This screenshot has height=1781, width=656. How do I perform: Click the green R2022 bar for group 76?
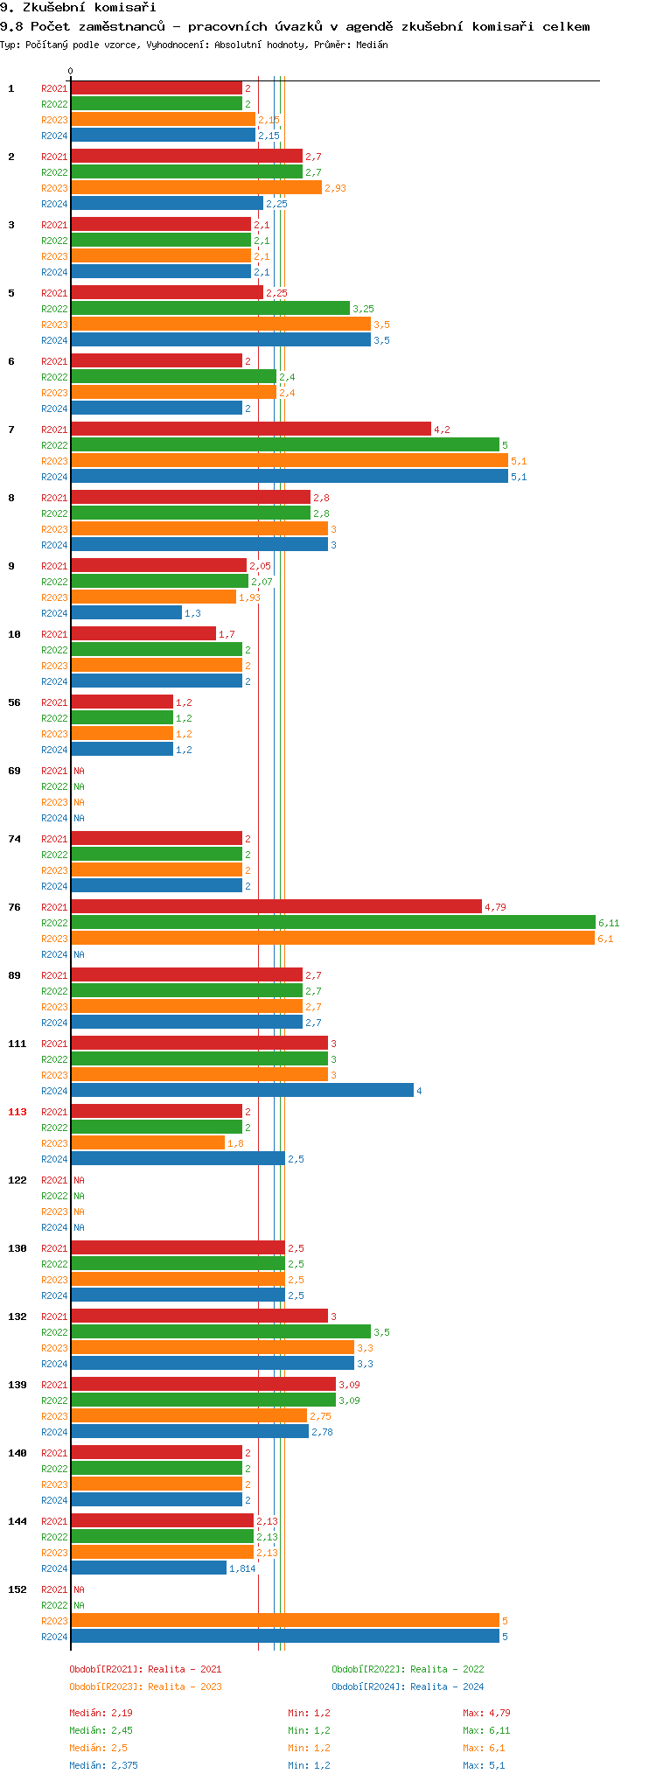click(x=332, y=923)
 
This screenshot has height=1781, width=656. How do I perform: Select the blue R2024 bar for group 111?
click(x=241, y=1091)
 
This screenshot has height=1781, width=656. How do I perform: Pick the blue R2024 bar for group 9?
click(x=126, y=613)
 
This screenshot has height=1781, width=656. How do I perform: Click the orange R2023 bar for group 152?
click(x=284, y=1621)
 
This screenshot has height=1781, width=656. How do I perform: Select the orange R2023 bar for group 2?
click(x=196, y=188)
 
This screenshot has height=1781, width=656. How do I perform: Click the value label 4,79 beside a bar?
click(x=495, y=907)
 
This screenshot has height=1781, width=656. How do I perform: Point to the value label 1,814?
click(x=242, y=1568)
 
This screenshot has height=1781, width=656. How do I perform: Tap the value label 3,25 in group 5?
click(x=363, y=309)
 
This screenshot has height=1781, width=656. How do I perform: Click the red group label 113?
click(x=17, y=1112)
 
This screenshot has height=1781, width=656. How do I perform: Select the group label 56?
click(x=15, y=702)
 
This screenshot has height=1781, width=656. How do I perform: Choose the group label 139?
click(x=17, y=1385)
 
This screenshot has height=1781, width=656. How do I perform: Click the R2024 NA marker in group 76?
click(x=79, y=954)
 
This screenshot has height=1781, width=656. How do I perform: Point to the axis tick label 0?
click(x=71, y=72)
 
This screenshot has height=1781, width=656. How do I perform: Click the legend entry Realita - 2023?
click(x=145, y=1687)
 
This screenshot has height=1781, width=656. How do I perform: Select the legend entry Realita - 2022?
click(x=408, y=1669)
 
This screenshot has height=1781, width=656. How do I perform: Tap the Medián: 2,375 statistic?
click(x=103, y=1765)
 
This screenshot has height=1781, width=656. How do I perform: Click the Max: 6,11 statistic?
click(x=486, y=1730)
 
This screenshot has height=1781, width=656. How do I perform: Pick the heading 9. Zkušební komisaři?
click(x=78, y=8)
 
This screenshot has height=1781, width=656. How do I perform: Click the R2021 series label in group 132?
click(x=54, y=1317)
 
